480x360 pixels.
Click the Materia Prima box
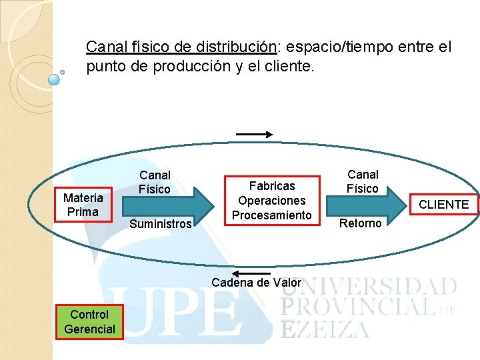coord(83,205)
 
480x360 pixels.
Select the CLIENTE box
coord(443,205)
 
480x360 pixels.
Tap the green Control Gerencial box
coord(89,321)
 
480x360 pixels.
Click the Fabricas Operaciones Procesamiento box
coord(272,200)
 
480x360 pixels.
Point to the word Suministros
coord(160,224)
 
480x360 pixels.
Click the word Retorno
coord(361,223)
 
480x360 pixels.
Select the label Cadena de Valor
coord(256,283)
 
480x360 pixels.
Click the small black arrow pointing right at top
coord(254,134)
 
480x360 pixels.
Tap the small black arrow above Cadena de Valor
coord(251,274)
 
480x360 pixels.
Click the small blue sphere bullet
coord(55,79)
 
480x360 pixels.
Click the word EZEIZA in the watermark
coord(325,329)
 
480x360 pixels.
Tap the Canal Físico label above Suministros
coord(155,182)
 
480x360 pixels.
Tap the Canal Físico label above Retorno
coord(363,181)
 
